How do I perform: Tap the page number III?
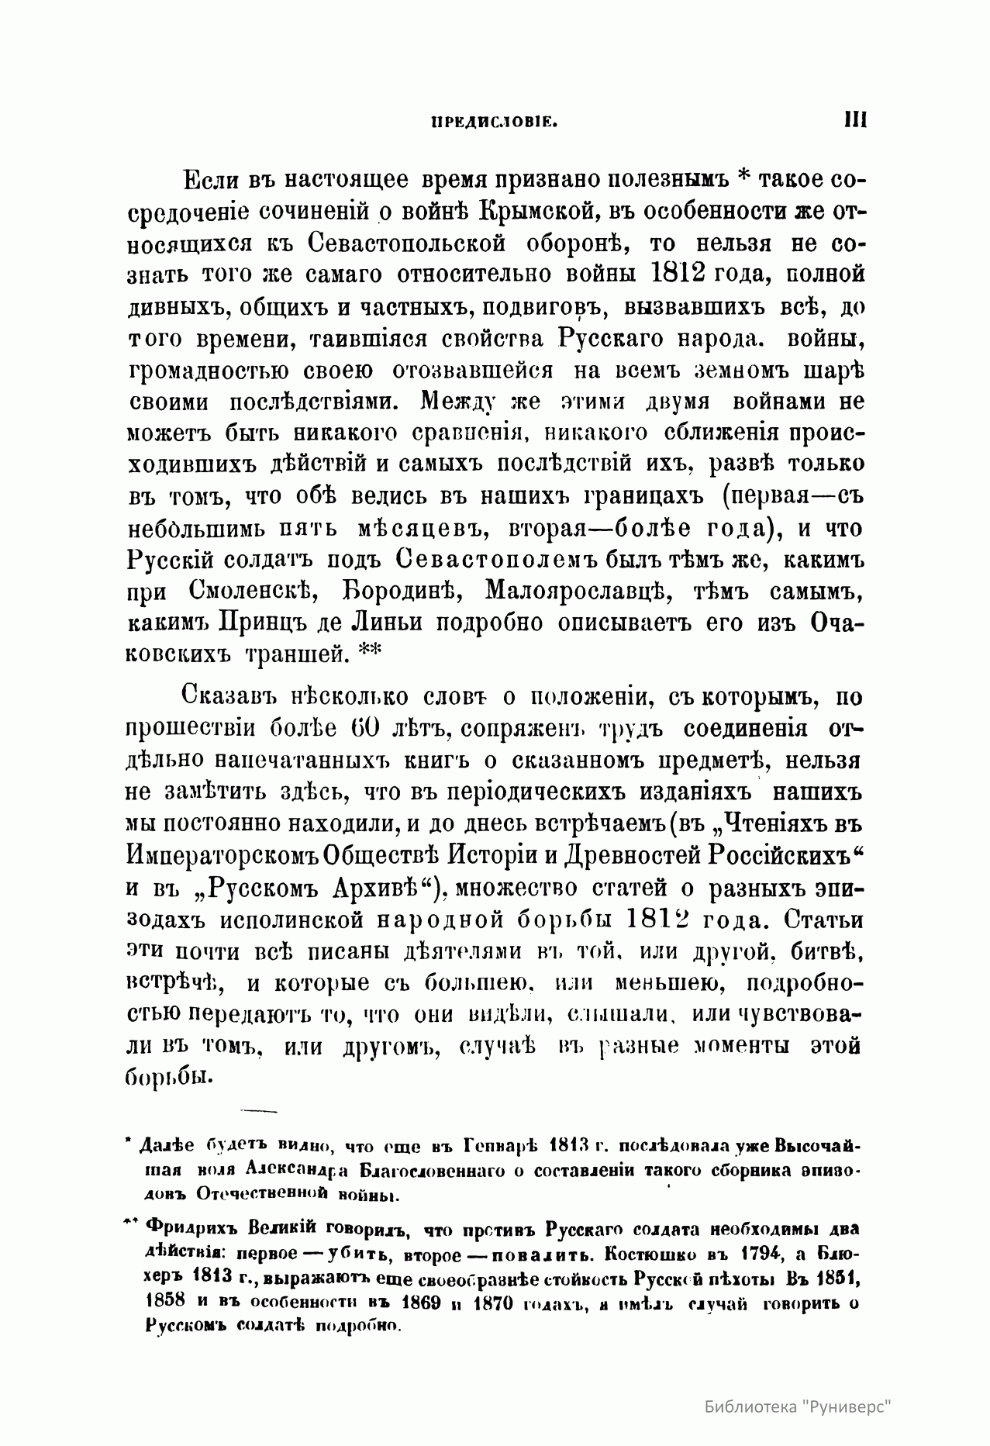click(854, 120)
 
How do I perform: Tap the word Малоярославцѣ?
click(572, 590)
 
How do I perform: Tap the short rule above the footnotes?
click(259, 1112)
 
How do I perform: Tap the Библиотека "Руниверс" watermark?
click(799, 1405)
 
